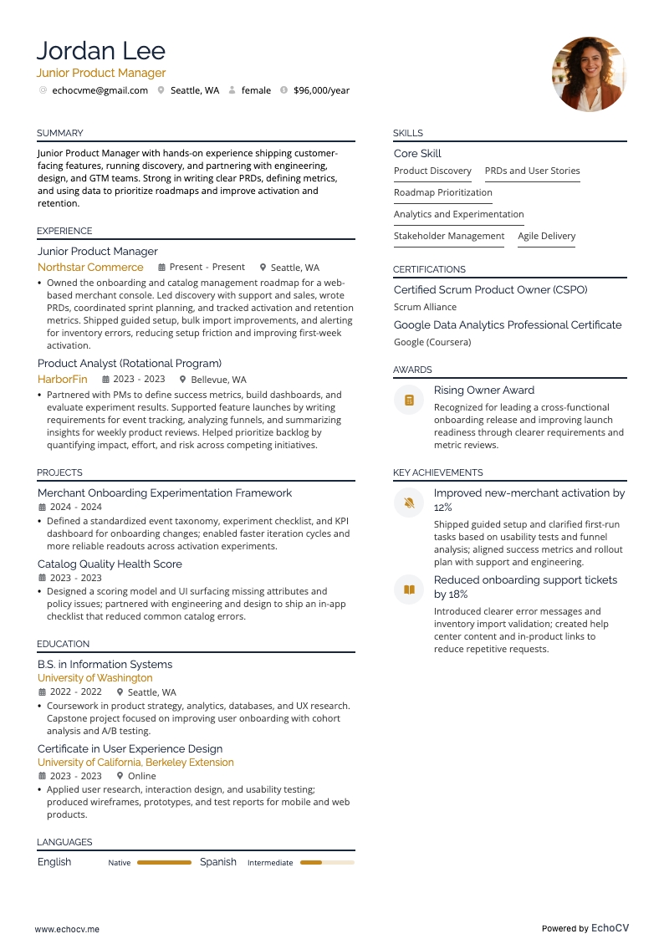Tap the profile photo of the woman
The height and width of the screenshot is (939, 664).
[589, 74]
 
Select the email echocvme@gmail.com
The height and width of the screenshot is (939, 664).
[100, 90]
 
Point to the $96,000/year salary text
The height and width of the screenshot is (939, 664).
[321, 90]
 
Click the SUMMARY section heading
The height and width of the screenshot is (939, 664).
[59, 133]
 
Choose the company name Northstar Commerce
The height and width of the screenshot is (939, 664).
[90, 268]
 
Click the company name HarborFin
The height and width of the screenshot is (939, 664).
[63, 379]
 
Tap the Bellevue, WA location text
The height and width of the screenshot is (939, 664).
[218, 380]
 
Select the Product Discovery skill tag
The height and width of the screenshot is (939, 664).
[432, 171]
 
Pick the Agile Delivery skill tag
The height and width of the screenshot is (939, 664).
[546, 236]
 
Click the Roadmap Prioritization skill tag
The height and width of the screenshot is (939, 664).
[442, 192]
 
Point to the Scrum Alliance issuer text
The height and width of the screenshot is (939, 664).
[425, 307]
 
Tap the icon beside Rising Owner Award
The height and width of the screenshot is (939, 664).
[409, 401]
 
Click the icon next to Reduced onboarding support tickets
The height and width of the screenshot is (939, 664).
[409, 589]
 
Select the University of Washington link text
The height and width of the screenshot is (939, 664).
[94, 678]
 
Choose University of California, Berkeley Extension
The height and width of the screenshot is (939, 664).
[135, 763]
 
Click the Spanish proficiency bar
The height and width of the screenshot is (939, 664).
[326, 862]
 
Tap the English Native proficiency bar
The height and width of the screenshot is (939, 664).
[164, 862]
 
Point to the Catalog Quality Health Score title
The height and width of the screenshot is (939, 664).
[110, 564]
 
